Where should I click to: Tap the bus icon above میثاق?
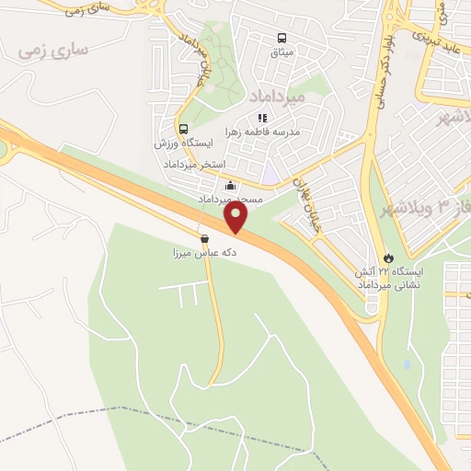[x=281, y=39]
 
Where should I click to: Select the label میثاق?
[x=281, y=53]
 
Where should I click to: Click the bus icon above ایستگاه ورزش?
[x=183, y=129]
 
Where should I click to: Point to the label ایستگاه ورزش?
[x=183, y=144]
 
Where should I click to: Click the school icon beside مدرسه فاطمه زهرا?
[x=262, y=118]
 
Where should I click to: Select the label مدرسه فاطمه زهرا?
[x=289, y=132]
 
